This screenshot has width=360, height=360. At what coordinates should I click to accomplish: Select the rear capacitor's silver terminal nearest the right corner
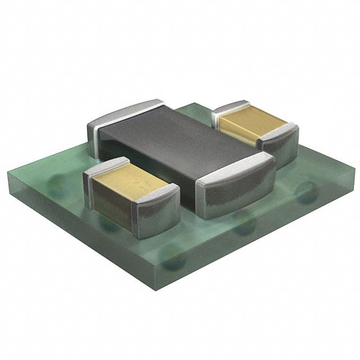click(281, 143)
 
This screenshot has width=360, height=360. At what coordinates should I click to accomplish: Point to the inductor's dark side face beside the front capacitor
click(188, 191)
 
